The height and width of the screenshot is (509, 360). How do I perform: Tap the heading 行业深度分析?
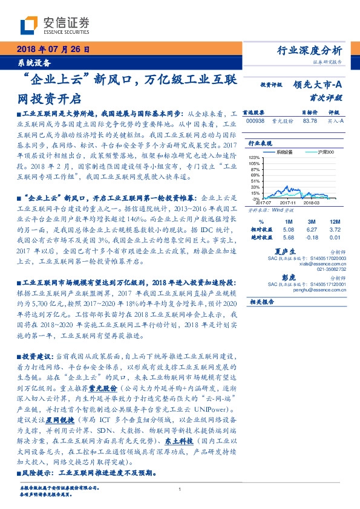(313, 50)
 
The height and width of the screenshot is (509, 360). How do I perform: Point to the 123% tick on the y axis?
(255, 157)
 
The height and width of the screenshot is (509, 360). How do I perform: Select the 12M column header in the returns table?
(335, 221)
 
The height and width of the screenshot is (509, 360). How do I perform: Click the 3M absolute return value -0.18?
(312, 237)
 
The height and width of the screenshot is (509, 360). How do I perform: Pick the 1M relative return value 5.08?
(288, 229)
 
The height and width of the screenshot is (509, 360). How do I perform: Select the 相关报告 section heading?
(262, 300)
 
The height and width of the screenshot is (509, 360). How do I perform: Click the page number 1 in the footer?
(180, 490)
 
